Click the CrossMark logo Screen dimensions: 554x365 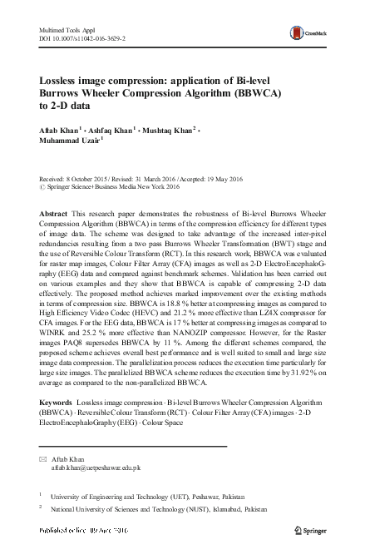(x=304, y=33)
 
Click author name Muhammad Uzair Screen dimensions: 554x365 (x=70, y=142)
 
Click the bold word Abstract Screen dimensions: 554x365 (x=53, y=214)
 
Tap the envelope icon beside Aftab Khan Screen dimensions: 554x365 (x=44, y=459)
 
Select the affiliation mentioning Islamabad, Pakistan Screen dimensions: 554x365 (x=159, y=507)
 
